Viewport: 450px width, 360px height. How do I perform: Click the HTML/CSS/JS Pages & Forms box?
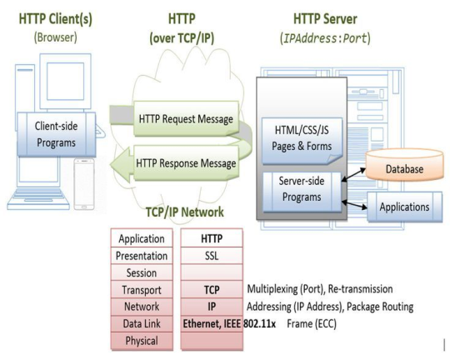pyautogui.click(x=297, y=138)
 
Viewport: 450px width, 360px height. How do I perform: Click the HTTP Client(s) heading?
pyautogui.click(x=54, y=17)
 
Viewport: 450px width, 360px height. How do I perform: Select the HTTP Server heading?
pyautogui.click(x=331, y=17)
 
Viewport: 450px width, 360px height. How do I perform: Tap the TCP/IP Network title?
pyautogui.click(x=185, y=211)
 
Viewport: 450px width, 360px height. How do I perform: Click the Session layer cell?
pyautogui.click(x=142, y=272)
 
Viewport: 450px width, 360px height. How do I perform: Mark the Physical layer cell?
pyautogui.click(x=142, y=340)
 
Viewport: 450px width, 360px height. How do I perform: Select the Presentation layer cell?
pyautogui.click(x=142, y=256)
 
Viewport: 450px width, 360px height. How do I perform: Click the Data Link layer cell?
pyautogui.click(x=142, y=323)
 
